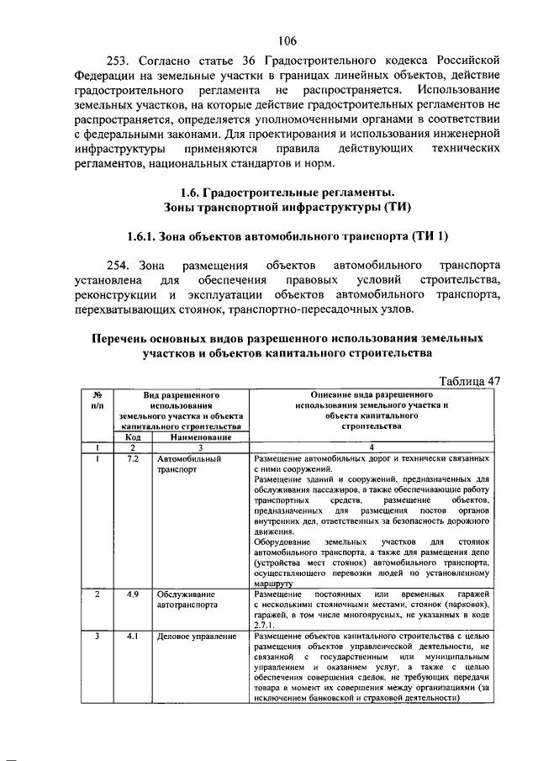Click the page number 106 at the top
point(287,40)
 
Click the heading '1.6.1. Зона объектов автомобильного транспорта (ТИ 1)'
point(288,235)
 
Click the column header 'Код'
point(133,437)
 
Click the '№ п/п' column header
point(98,399)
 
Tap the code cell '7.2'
point(133,460)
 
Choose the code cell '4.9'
point(133,595)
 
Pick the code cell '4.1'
point(133,637)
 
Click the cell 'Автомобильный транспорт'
point(189,466)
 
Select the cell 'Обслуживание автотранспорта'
point(189,600)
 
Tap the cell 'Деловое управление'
point(197,637)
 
